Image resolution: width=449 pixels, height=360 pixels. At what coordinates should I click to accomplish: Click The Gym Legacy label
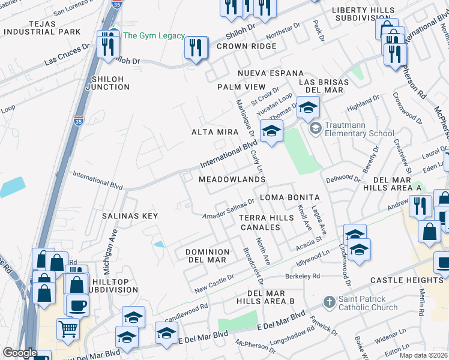click(x=154, y=36)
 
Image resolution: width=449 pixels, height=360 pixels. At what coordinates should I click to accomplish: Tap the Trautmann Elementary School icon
click(x=315, y=128)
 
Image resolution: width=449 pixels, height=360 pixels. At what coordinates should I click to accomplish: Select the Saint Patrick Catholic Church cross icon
click(x=329, y=302)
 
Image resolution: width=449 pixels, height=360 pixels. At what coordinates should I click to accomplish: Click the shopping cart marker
click(x=68, y=328)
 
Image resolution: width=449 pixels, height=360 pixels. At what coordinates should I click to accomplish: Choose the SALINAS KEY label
click(x=129, y=216)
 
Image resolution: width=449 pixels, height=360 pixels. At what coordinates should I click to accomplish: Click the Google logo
click(x=19, y=353)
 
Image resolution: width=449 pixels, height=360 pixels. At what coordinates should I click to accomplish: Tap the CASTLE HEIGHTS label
click(x=406, y=280)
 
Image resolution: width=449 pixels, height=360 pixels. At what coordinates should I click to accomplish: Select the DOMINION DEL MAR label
click(x=206, y=256)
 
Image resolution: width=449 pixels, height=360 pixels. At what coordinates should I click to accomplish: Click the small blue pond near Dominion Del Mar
click(x=158, y=244)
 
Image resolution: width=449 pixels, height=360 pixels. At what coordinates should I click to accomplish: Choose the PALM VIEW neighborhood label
click(x=241, y=87)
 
